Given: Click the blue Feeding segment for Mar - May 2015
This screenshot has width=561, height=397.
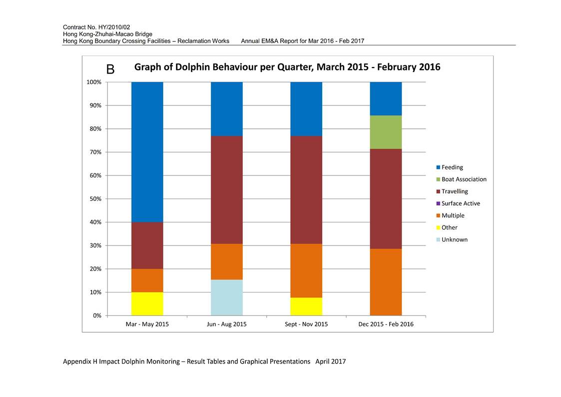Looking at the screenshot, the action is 147,152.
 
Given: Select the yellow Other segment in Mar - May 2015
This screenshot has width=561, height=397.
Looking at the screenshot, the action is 147,304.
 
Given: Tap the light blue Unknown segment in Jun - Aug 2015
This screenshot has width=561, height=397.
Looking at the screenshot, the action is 227,297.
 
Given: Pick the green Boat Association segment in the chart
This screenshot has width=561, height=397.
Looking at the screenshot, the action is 386,132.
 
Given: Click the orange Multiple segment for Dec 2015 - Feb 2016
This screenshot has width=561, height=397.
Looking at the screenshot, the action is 386,282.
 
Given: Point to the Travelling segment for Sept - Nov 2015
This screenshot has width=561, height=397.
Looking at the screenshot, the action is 306,189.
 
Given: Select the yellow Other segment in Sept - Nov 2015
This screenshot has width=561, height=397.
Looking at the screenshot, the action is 306,306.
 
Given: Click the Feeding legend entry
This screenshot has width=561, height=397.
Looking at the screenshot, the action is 450,167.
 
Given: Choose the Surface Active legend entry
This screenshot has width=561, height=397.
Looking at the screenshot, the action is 458,203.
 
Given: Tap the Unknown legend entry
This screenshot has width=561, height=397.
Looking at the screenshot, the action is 452,239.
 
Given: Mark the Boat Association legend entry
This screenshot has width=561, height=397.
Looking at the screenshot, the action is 462,179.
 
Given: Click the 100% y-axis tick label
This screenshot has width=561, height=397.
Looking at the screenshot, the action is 94,82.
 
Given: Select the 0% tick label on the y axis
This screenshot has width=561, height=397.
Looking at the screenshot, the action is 97,315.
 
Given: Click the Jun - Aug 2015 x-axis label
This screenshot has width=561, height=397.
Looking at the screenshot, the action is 227,324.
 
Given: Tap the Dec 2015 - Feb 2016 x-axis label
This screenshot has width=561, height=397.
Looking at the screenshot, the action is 386,324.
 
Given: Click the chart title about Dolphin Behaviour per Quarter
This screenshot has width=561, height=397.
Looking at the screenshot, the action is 287,67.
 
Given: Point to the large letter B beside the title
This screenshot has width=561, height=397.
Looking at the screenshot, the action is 110,69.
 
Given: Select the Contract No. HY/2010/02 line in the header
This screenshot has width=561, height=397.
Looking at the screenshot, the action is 96,27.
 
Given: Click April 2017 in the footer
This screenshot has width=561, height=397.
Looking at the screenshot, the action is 331,361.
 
